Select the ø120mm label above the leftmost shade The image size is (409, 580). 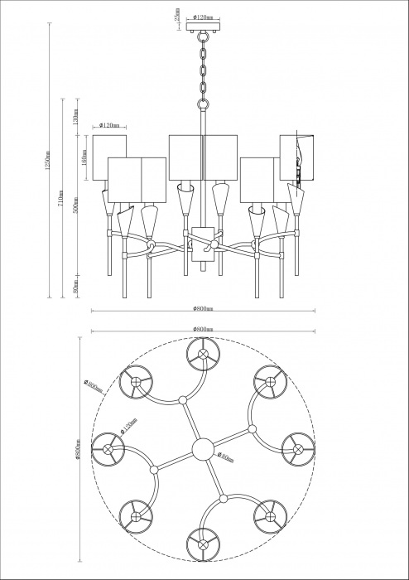(x=110, y=127)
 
